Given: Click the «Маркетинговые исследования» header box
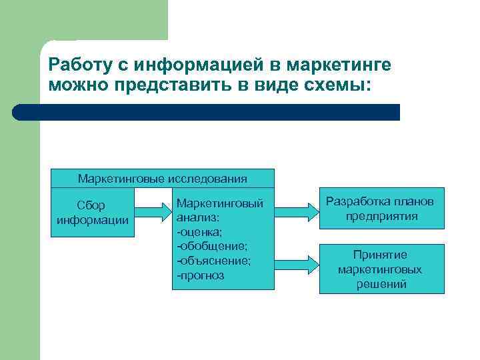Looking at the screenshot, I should [x=163, y=178].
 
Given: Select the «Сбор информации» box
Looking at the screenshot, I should [x=93, y=212].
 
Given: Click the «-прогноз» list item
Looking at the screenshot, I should [x=201, y=275].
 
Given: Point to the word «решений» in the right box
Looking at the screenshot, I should [x=381, y=284].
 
